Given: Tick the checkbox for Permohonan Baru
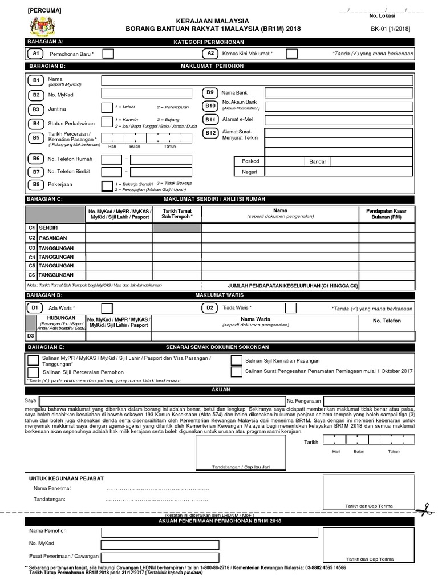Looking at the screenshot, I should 108,54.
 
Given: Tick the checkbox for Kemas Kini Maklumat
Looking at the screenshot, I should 291,54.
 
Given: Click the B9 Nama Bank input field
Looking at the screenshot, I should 339,92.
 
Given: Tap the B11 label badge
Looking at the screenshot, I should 210,120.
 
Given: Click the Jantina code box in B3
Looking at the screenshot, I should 107,108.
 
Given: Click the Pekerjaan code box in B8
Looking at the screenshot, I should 107,185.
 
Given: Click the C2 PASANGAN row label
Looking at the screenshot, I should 54,238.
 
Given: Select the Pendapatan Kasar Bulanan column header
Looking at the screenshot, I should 386,214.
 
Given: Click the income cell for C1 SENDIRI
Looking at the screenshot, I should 386,228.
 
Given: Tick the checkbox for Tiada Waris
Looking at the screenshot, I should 291,308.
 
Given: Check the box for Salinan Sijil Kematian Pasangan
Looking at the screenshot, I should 236,360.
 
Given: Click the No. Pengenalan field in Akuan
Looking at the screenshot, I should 368,401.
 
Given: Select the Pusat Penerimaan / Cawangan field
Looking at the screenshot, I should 160,556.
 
